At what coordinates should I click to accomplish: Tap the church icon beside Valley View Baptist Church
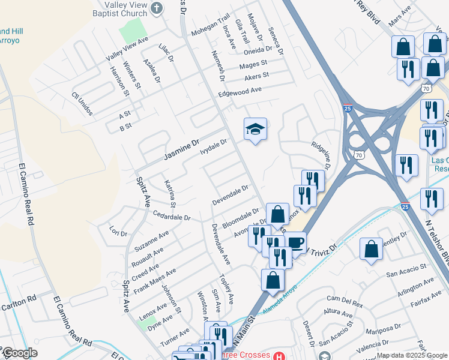157,8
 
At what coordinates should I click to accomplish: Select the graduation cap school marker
255,129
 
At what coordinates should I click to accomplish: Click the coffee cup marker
295,243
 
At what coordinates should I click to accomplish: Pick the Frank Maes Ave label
154,280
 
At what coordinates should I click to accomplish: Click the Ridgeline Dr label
321,155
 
